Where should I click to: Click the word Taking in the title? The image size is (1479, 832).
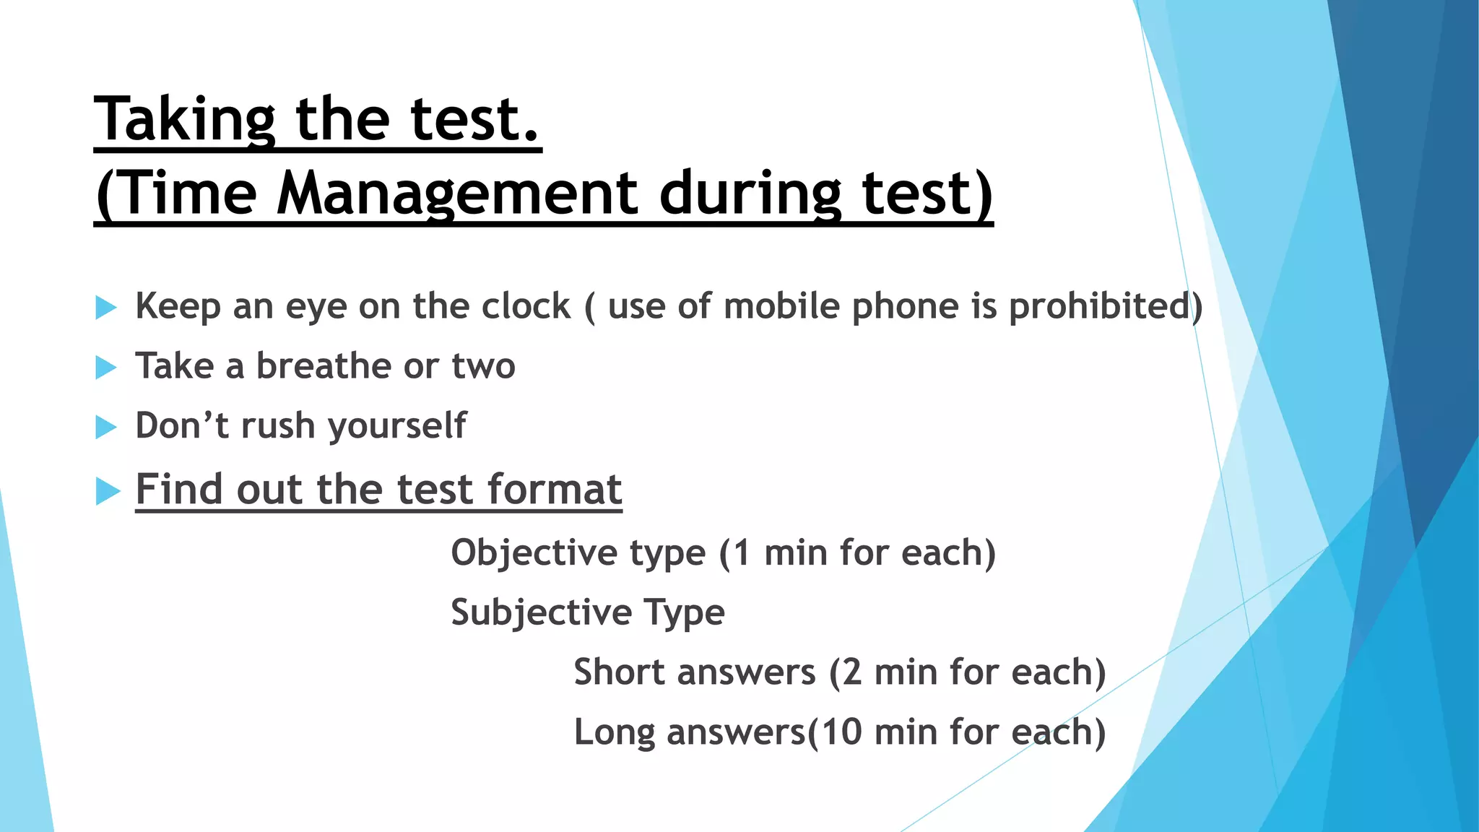click(185, 119)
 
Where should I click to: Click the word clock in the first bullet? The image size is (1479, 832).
click(526, 306)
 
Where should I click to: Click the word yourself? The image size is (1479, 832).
click(397, 426)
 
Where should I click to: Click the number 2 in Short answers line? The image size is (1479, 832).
click(852, 672)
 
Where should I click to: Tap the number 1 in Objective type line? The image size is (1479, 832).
click(742, 553)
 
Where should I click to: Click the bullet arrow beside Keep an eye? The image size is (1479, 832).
click(106, 308)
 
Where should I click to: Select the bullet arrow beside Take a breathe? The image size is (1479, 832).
click(106, 368)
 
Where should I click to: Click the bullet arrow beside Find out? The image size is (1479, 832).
click(108, 491)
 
